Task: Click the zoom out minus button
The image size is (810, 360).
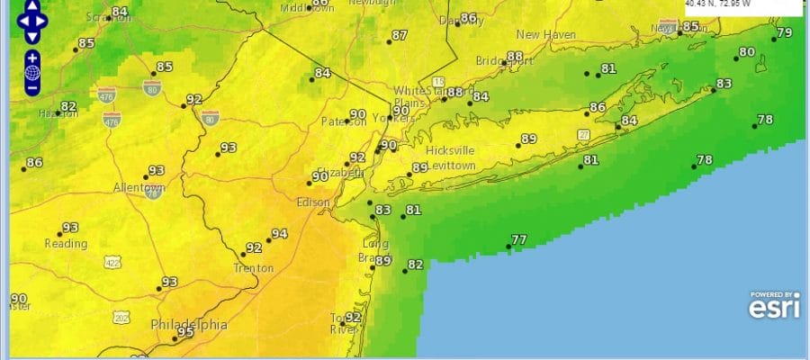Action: (x=32, y=87)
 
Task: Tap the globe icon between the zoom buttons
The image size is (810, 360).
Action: (x=32, y=73)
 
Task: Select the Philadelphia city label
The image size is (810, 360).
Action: (x=189, y=324)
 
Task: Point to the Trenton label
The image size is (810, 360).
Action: (x=253, y=268)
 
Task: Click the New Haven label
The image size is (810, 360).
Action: (x=545, y=34)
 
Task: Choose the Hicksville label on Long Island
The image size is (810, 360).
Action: (x=449, y=150)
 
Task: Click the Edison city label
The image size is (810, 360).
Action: (x=314, y=202)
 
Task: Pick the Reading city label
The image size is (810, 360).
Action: (x=66, y=244)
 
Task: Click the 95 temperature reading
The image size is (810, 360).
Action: (x=186, y=332)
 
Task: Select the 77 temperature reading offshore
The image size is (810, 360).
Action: (x=518, y=240)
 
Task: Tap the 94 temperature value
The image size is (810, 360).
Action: (x=279, y=234)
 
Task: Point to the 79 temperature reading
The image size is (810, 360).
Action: (x=784, y=32)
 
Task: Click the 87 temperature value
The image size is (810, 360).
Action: (x=400, y=36)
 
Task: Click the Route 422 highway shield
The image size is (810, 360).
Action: (x=112, y=263)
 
